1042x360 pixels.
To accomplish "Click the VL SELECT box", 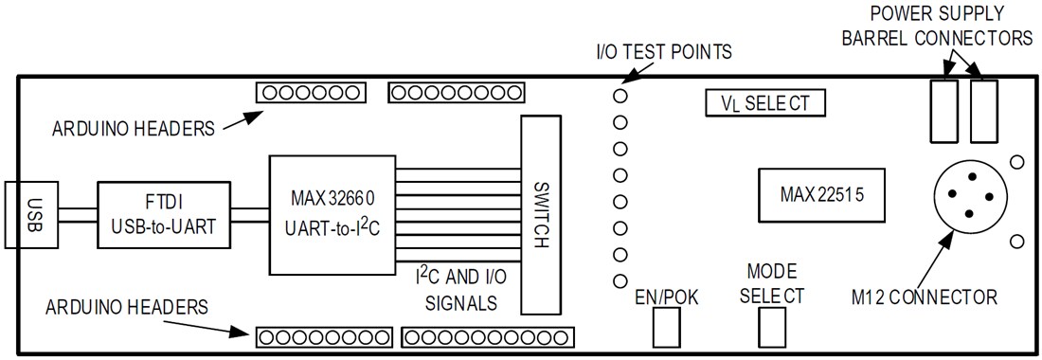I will (765, 102).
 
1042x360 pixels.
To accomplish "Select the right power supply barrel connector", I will (985, 110).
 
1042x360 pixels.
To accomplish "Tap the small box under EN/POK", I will (667, 329).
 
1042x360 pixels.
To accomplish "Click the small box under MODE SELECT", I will (773, 329).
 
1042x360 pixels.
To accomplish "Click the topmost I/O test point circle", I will (620, 96).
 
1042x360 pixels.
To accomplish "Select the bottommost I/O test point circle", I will (620, 281).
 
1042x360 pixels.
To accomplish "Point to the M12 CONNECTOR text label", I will (925, 297).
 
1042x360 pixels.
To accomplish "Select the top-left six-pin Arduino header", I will (310, 93).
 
